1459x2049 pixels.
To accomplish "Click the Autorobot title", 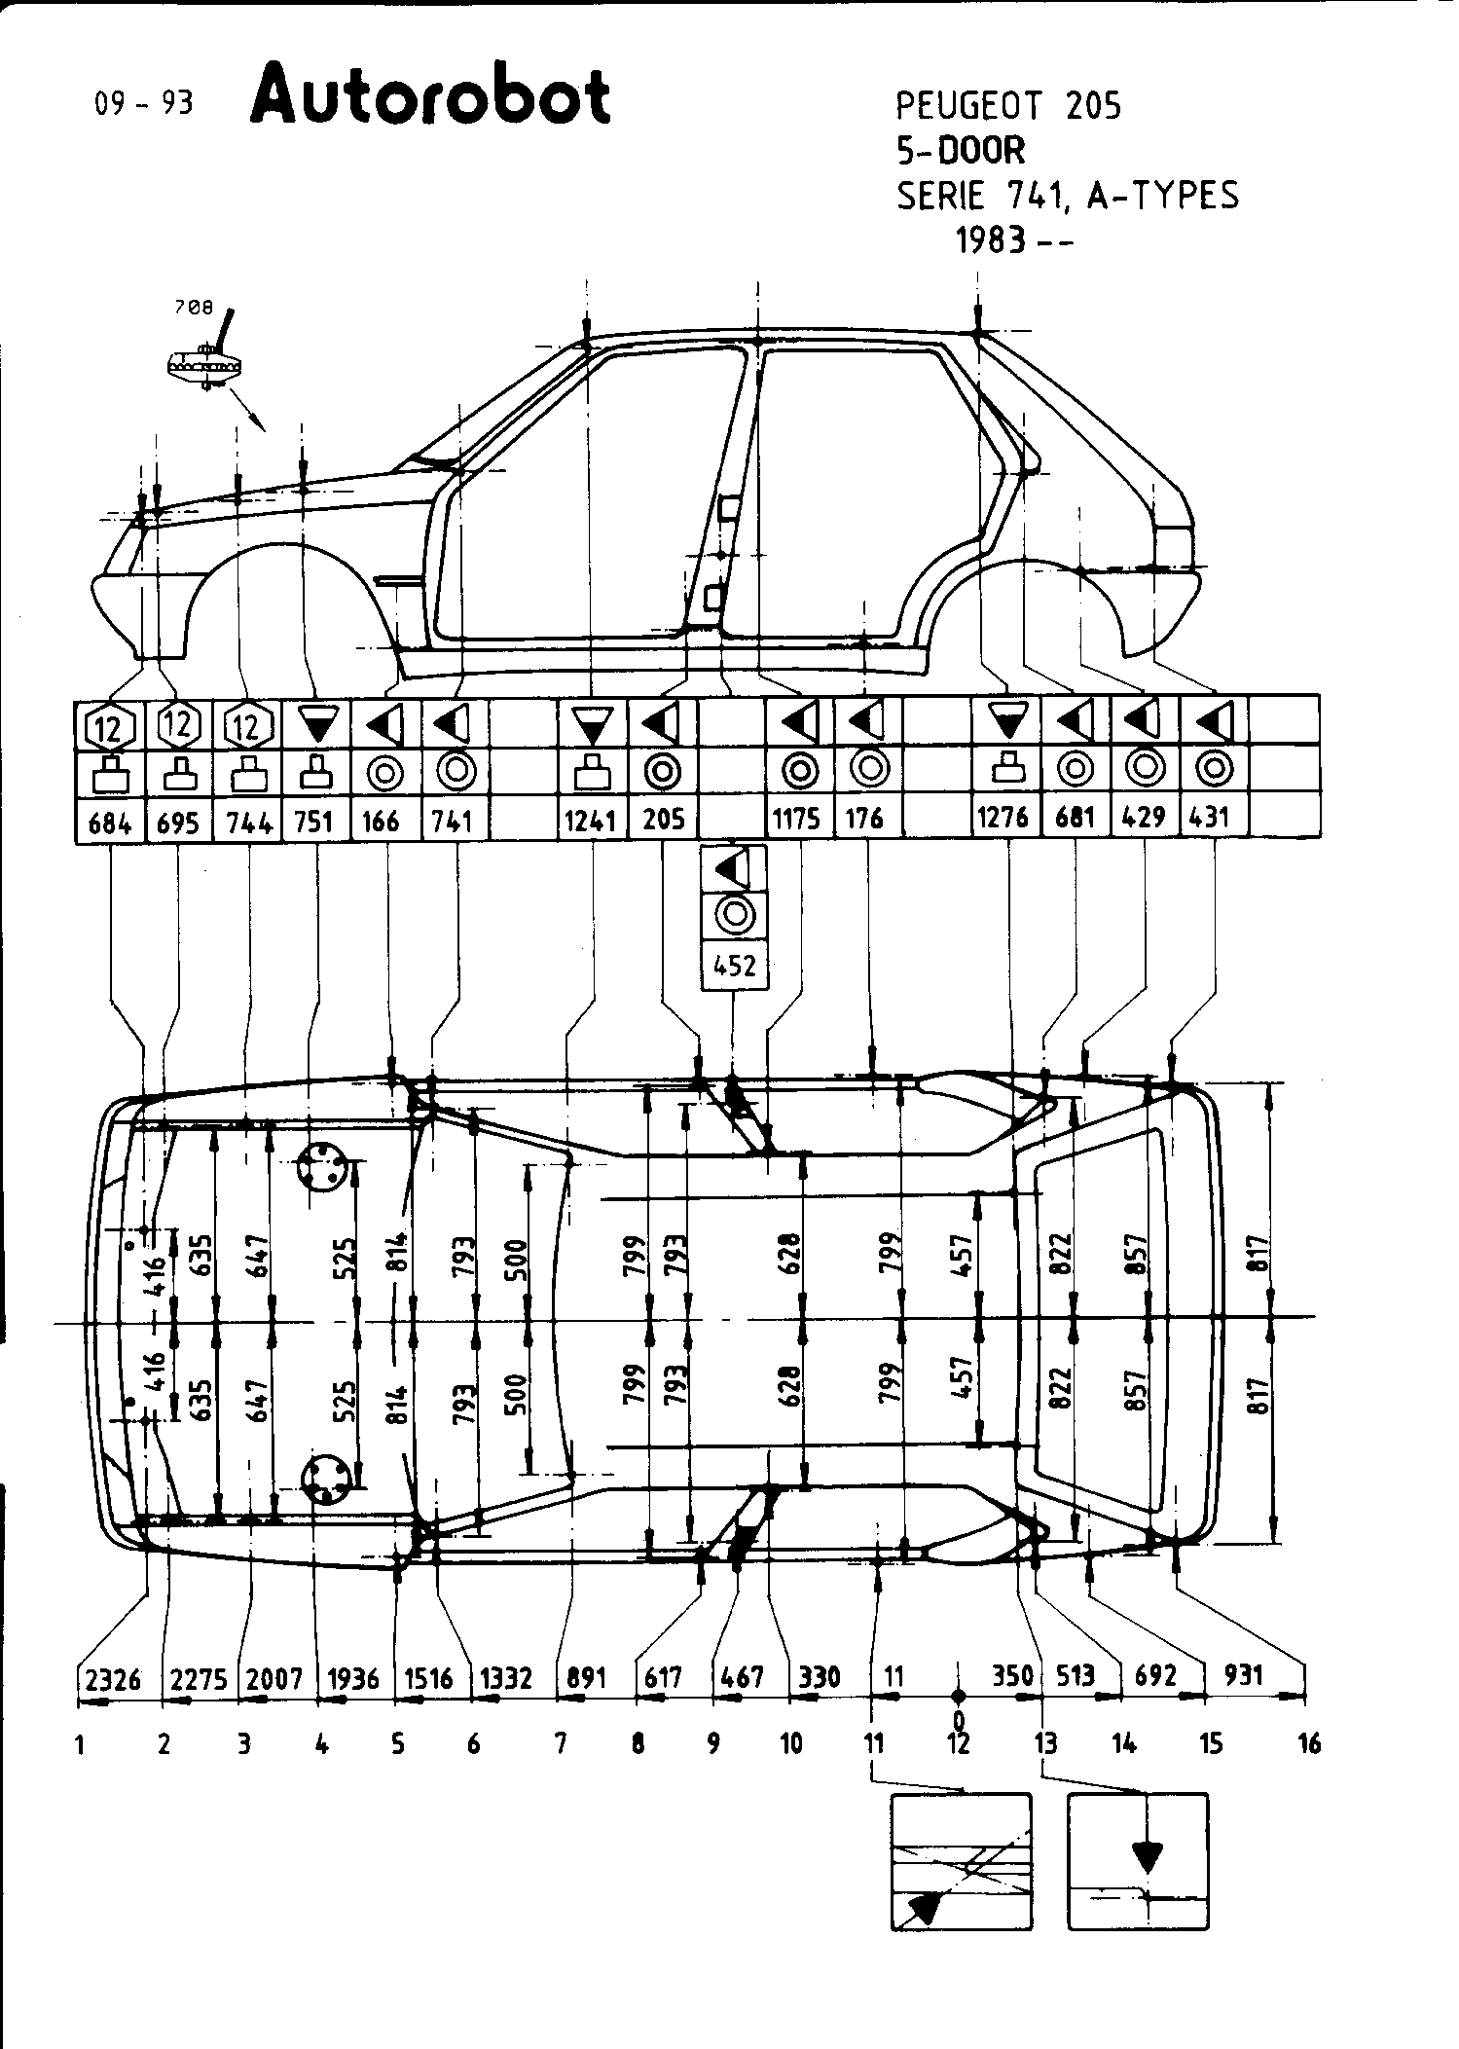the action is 430,95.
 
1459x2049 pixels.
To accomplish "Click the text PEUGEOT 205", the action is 1007,105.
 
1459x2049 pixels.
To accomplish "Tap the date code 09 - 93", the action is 143,103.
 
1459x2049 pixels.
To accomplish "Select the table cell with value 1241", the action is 591,820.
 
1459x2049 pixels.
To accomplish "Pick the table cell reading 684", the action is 109,823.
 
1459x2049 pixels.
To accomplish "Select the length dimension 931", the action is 1243,1674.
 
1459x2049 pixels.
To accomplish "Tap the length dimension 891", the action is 586,1677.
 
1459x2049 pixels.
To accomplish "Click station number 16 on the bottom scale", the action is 1309,1743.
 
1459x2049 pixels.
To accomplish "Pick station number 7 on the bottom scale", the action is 562,1743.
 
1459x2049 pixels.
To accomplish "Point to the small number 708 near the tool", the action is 193,308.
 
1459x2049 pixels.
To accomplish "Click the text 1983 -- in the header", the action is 1012,239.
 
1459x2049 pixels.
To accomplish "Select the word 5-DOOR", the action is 960,150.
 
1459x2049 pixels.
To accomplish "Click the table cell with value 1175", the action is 796,819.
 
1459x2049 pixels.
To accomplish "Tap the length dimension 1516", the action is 428,1677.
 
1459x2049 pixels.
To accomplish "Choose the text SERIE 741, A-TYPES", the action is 1068,196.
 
